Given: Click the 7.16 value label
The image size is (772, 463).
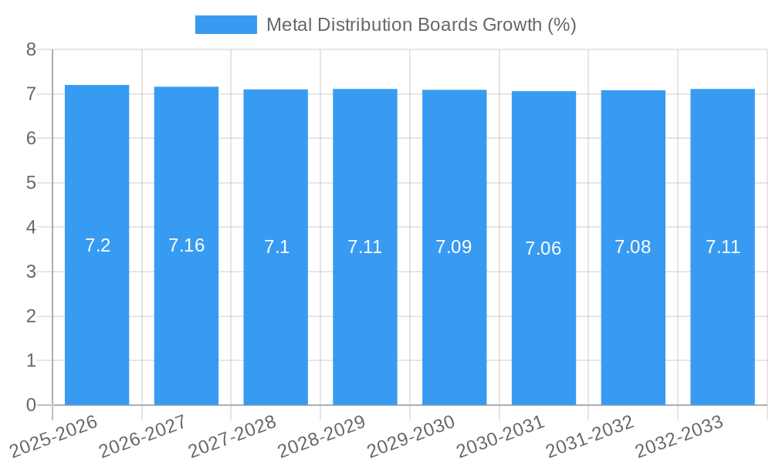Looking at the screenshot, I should tap(186, 245).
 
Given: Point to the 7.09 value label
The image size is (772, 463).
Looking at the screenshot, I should tap(453, 247).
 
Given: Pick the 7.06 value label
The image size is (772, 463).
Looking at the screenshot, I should tap(543, 248).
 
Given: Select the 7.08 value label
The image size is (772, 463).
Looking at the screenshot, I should tap(632, 247).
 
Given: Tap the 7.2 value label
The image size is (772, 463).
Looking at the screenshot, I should tap(97, 245).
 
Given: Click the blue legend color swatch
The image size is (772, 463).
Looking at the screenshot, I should tap(225, 25).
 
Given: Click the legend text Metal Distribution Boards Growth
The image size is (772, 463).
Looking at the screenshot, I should tap(421, 25).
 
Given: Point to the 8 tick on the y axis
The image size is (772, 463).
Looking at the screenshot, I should tap(31, 49).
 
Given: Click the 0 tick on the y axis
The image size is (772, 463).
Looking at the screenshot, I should tap(31, 405).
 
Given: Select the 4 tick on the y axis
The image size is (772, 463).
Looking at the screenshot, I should tap(31, 228).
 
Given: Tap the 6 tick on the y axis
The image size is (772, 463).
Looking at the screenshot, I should tap(31, 139).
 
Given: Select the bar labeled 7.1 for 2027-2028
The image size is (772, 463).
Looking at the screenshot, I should tap(276, 324).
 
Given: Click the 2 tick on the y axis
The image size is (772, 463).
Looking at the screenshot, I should tap(31, 316).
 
